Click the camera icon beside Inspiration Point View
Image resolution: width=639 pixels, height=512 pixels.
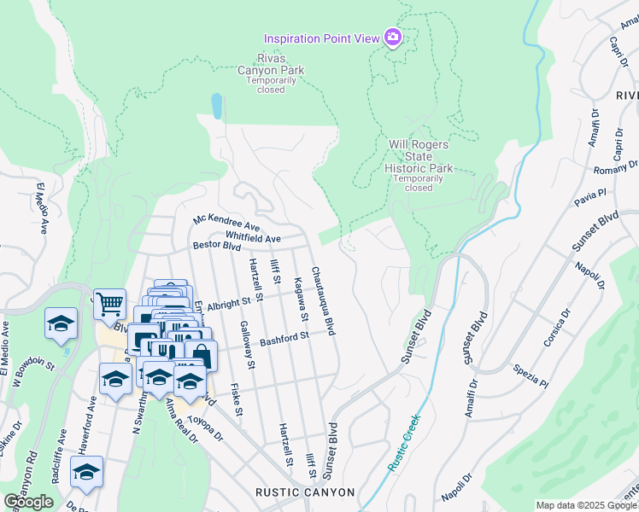tap(393, 38)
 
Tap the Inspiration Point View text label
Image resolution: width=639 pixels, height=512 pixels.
tap(322, 38)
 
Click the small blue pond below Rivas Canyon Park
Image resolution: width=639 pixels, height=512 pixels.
tap(217, 106)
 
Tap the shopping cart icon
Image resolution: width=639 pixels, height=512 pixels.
tap(109, 304)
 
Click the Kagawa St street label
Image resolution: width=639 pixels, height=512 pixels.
tap(300, 300)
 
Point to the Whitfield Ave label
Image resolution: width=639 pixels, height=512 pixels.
tap(253, 236)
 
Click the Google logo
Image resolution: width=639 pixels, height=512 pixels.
tap(28, 501)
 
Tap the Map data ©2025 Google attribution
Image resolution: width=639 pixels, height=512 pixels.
tap(586, 505)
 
